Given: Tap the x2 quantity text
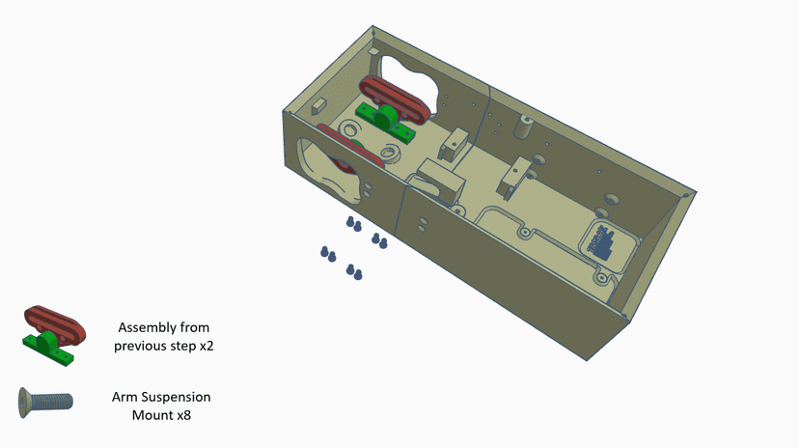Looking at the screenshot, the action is point(207,346).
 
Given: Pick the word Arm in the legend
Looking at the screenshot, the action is point(124,397).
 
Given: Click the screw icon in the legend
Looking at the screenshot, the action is point(45,402).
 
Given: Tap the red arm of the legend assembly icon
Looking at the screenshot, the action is point(55,325).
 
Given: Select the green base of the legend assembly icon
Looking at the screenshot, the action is point(48,350).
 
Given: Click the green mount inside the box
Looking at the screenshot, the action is point(386,122).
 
